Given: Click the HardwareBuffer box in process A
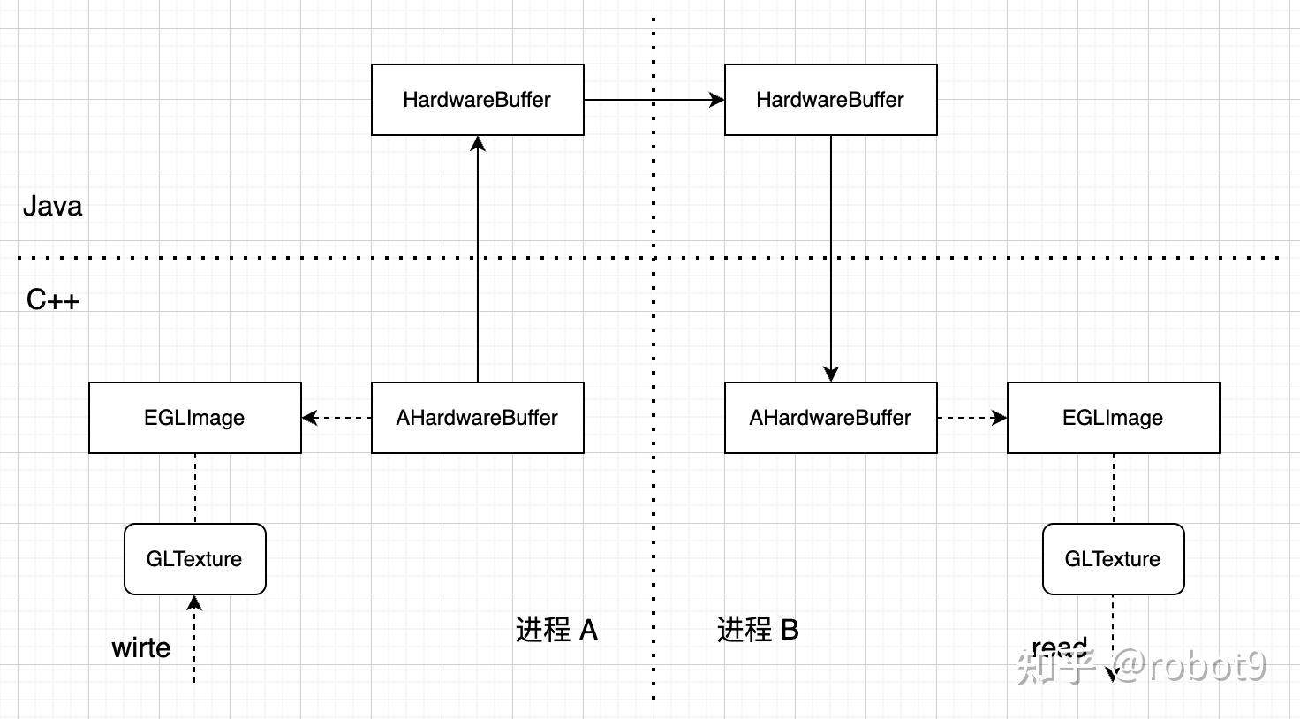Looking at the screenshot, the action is click(x=478, y=100).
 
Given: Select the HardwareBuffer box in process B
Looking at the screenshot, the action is click(x=830, y=100).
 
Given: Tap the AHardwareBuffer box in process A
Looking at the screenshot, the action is click(x=478, y=418).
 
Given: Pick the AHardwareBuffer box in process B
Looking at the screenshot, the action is click(x=830, y=418).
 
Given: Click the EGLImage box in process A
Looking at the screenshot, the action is click(x=195, y=418).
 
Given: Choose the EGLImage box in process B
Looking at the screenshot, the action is click(x=1114, y=418).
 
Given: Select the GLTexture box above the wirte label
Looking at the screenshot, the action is click(x=195, y=559).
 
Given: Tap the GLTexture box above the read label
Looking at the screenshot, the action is click(x=1114, y=559).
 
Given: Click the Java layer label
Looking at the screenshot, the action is click(x=52, y=207).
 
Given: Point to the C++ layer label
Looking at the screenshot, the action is click(x=53, y=300).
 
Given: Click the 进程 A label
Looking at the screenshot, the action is click(x=556, y=630).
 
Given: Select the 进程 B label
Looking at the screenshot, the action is click(x=758, y=630).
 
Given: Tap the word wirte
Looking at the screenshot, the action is click(x=141, y=648).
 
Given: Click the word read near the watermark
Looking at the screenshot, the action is click(x=1059, y=647).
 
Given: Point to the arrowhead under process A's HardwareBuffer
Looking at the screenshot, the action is click(x=478, y=144).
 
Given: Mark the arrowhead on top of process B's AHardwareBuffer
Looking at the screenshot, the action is click(x=830, y=374).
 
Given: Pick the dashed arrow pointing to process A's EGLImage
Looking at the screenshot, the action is click(x=336, y=418).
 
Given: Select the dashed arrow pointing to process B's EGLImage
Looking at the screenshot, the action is click(x=972, y=418).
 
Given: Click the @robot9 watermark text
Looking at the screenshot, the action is click(x=1189, y=666).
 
